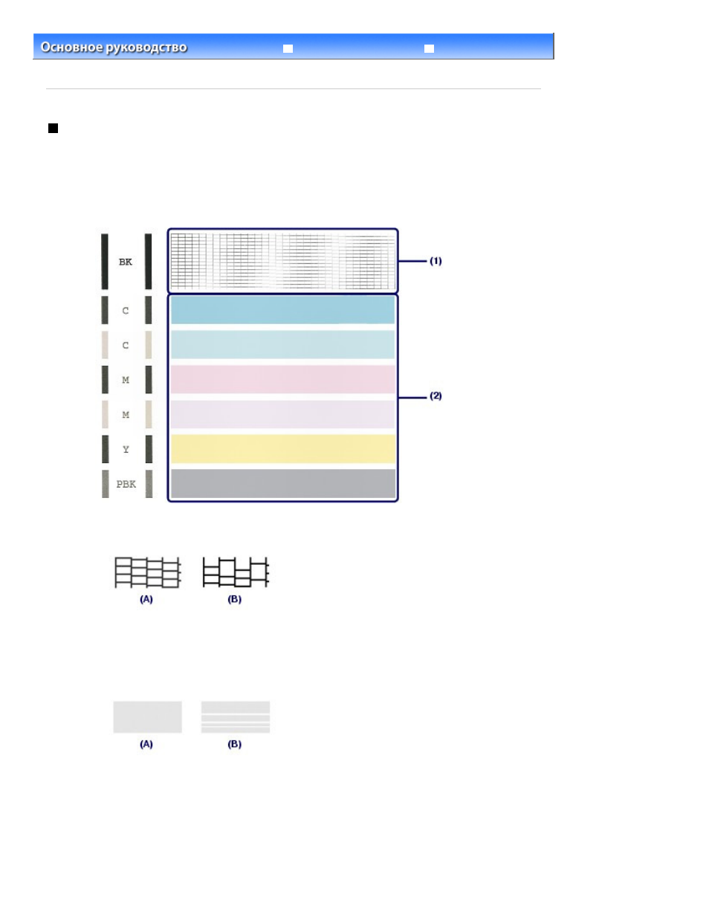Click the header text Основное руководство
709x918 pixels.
[114, 48]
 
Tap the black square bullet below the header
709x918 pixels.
[53, 128]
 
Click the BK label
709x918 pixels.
[126, 262]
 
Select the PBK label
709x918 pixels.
[126, 484]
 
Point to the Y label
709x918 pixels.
[126, 450]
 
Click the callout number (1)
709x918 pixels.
[436, 261]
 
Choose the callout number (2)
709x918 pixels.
[436, 396]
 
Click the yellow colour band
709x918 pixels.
[283, 449]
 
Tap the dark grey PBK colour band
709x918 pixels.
[283, 484]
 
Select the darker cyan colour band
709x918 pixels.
[283, 310]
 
